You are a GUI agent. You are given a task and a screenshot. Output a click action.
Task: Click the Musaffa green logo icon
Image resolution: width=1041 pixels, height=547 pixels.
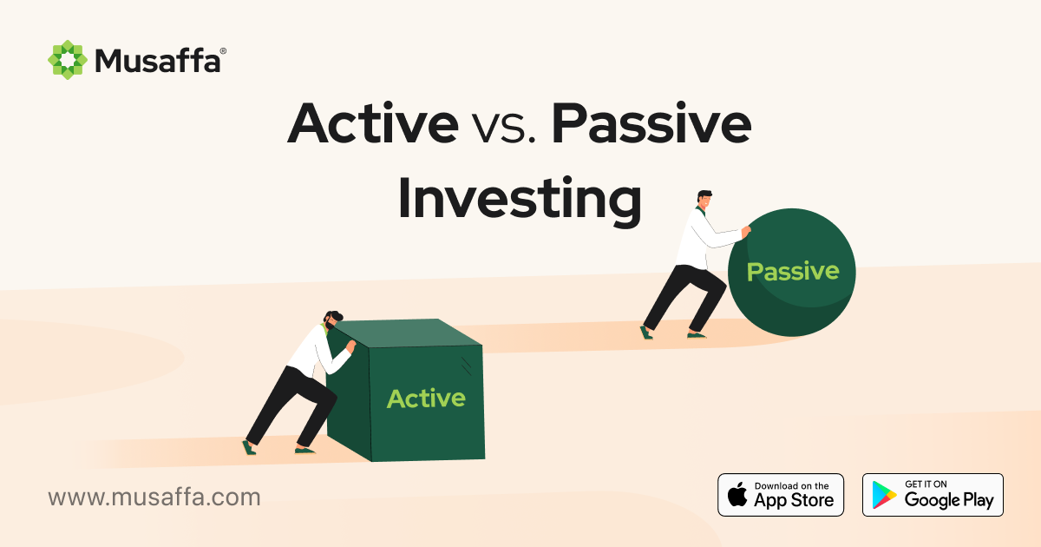68,60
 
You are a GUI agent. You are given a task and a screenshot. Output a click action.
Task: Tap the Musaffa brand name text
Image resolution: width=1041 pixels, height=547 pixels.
157,61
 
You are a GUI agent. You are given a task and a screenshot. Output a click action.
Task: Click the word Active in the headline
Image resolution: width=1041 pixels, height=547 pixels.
373,124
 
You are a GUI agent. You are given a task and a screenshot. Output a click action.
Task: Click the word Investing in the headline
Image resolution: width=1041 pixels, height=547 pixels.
519,198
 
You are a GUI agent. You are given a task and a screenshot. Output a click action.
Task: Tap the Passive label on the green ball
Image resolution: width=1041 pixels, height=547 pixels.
793,272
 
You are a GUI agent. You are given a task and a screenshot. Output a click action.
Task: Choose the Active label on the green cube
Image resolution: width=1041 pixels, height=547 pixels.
426,399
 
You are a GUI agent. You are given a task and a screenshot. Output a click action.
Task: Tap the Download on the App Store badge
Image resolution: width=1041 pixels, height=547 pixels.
781,495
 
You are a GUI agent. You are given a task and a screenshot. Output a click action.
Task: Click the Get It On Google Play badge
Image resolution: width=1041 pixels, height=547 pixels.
933,495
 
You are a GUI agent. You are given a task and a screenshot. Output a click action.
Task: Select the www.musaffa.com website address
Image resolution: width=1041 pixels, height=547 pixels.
154,498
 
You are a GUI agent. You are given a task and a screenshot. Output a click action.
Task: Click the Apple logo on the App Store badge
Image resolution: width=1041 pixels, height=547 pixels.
737,496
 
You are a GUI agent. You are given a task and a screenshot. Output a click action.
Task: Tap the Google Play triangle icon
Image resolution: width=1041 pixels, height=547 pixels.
885,496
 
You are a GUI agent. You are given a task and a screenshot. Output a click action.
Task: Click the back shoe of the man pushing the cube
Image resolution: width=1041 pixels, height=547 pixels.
250,447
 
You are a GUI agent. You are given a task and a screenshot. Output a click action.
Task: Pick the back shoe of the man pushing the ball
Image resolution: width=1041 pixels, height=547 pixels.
645,332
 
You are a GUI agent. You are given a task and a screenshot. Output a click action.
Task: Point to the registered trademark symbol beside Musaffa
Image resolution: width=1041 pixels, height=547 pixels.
223,51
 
